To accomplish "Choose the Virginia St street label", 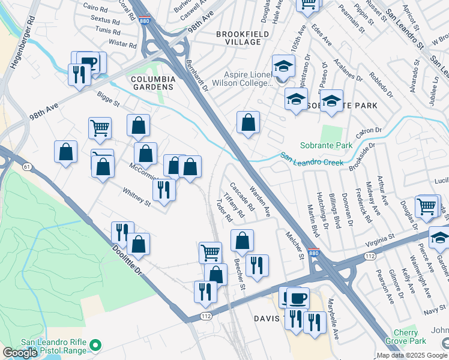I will (x=379, y=240).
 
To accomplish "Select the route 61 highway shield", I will (x=27, y=166).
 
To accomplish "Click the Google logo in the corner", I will (x=20, y=352).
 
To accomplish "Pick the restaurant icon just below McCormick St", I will (x=163, y=190).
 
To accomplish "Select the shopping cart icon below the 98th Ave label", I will (x=100, y=127).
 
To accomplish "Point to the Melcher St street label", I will (x=295, y=246).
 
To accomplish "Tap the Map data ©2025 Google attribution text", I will (x=411, y=355).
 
